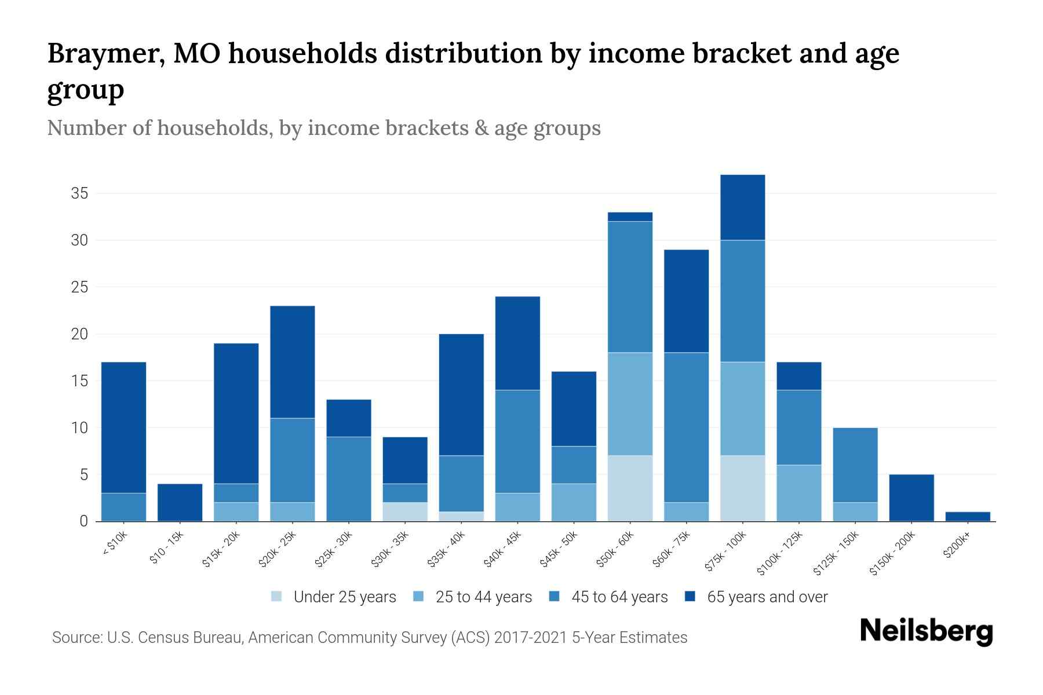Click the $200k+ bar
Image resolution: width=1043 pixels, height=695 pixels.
click(967, 517)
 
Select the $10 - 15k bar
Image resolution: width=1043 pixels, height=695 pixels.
click(180, 503)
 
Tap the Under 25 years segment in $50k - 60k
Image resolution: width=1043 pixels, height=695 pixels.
click(630, 488)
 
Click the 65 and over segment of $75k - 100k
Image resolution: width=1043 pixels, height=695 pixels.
click(742, 207)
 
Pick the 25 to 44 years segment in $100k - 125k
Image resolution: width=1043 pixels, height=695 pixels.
click(798, 493)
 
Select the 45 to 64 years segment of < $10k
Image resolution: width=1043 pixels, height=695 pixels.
click(123, 507)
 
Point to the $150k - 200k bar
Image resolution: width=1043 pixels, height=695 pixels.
click(911, 498)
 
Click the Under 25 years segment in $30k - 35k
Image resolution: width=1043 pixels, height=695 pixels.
click(405, 512)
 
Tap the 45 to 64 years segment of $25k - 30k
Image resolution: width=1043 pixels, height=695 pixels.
click(348, 479)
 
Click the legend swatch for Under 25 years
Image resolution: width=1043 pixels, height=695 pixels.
click(277, 597)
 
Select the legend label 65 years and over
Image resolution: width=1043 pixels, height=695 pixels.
click(767, 597)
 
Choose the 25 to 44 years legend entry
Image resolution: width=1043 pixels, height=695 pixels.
click(483, 597)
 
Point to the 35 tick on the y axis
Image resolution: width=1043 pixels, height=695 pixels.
click(79, 193)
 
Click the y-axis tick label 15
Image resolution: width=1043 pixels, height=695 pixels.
click(79, 381)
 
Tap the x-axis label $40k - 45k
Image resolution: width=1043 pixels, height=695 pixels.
click(503, 550)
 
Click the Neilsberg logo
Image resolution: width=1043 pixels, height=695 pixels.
click(926, 631)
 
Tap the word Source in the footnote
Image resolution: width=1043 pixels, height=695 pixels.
click(76, 638)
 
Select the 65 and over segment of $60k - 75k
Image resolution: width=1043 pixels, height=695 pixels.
click(686, 301)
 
